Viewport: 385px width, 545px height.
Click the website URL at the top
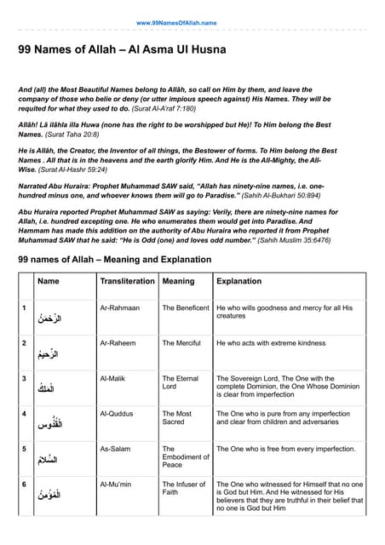pos(176,22)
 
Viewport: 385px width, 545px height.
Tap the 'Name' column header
pos(49,281)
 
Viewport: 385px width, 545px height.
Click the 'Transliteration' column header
pos(127,281)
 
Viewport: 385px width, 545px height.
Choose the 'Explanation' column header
pos(239,281)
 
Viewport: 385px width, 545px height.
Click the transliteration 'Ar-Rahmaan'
pos(119,307)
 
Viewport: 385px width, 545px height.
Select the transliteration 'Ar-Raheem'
pos(118,343)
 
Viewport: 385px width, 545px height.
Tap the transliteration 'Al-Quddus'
pos(117,414)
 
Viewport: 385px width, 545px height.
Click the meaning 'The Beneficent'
pos(186,307)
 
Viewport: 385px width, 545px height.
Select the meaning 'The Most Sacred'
pos(178,418)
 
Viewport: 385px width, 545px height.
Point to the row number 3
pos(24,378)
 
